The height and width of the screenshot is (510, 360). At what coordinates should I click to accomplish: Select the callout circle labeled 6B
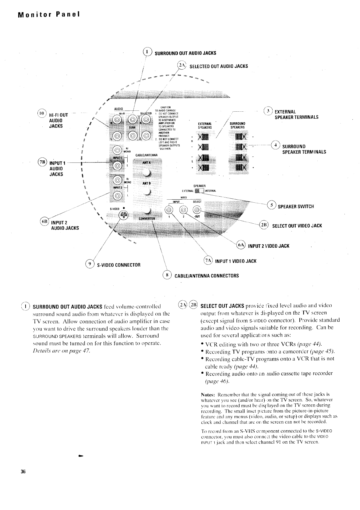[x=44, y=222]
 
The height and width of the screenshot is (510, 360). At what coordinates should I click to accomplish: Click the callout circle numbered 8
[x=167, y=274]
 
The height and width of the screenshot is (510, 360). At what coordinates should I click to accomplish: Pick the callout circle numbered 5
[x=271, y=205]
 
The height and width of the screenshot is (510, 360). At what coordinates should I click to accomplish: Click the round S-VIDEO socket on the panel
[x=123, y=215]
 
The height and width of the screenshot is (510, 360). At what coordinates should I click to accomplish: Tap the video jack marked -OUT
[x=197, y=209]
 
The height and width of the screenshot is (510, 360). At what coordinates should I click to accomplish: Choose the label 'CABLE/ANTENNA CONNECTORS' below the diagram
[x=206, y=276]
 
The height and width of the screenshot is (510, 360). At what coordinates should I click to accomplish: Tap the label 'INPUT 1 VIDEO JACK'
[x=236, y=261]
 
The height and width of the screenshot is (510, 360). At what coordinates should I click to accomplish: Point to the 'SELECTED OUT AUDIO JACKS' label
[x=219, y=66]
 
